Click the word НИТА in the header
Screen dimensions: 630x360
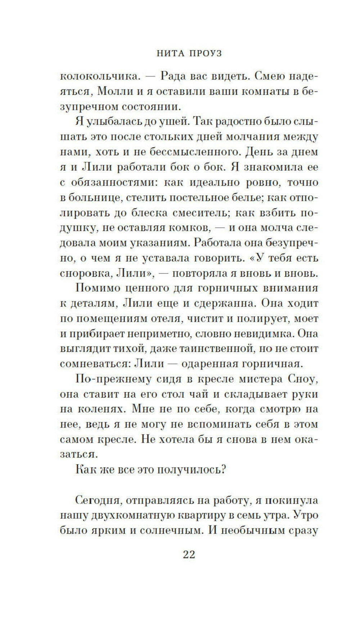169,53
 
